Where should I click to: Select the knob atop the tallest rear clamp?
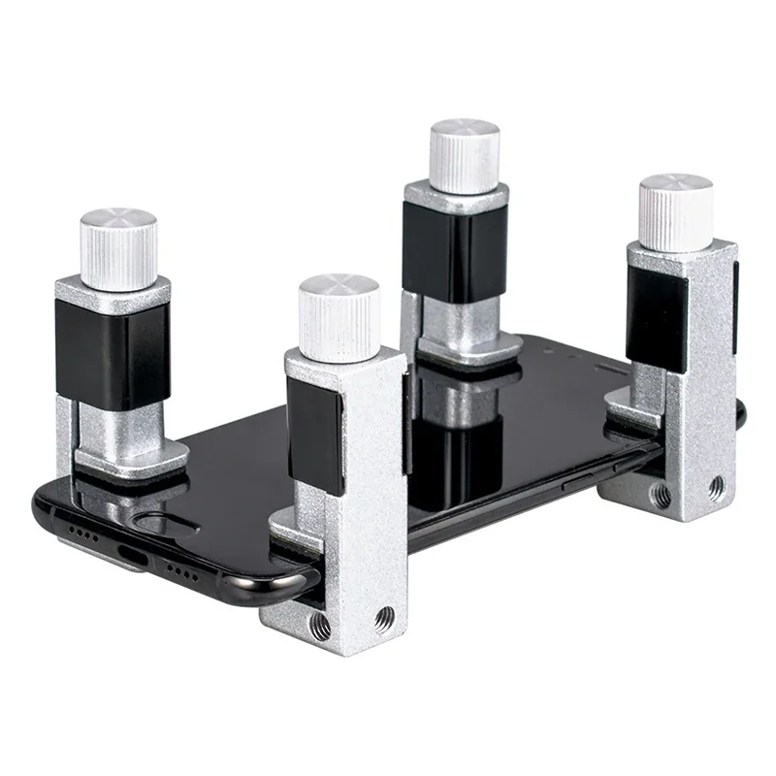tap(465, 154)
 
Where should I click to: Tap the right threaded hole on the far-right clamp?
tap(716, 482)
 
